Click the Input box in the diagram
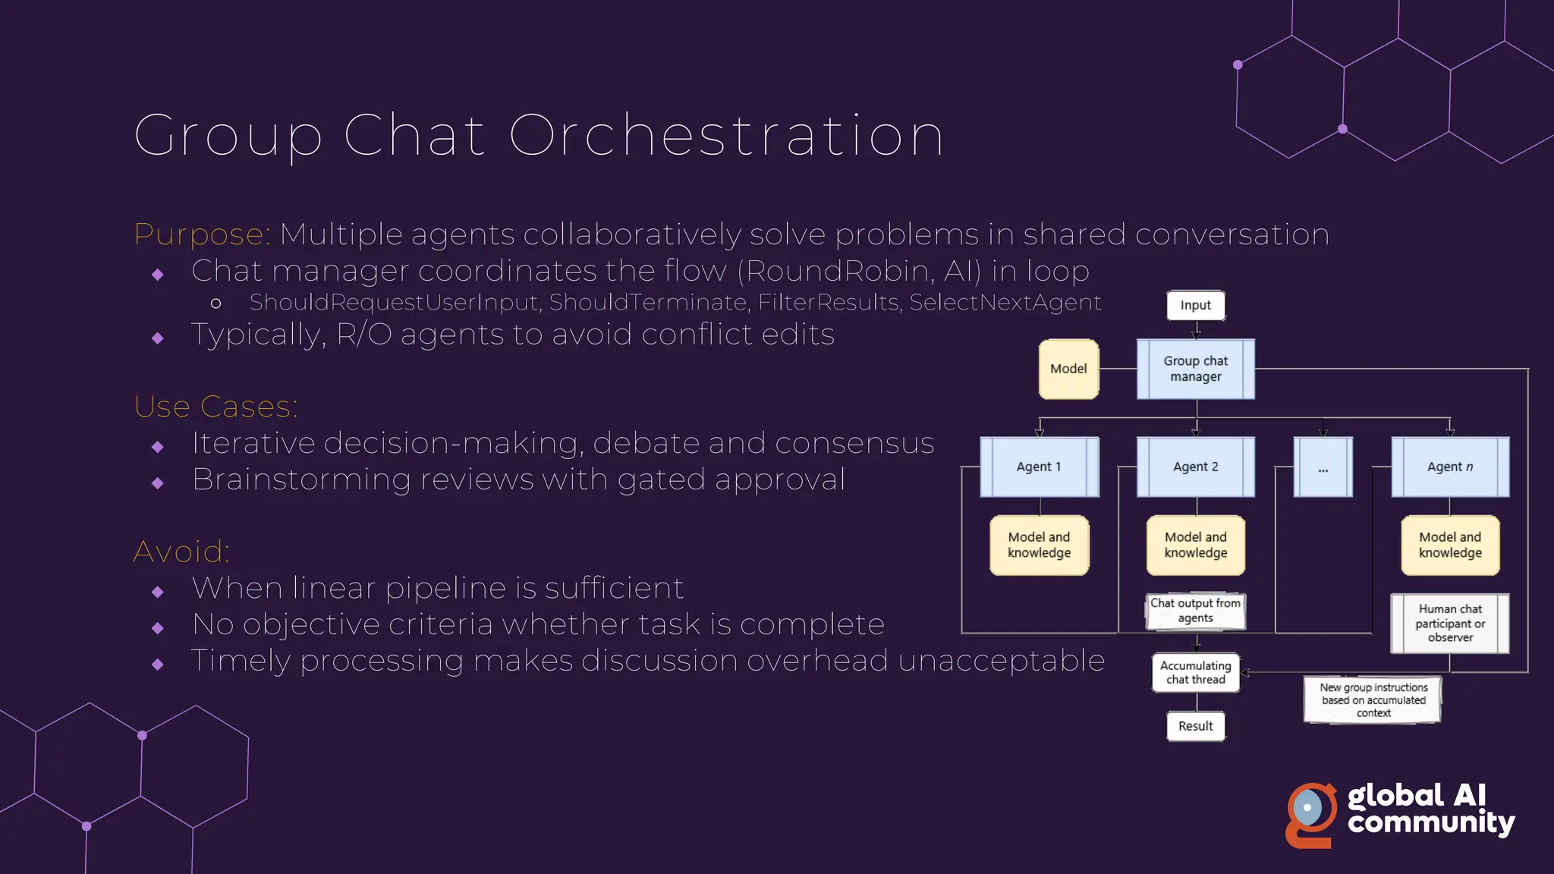click(x=1195, y=305)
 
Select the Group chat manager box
click(x=1195, y=369)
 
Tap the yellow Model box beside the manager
click(x=1068, y=369)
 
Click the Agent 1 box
click(x=1039, y=467)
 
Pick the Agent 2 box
click(x=1195, y=467)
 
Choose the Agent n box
click(x=1449, y=467)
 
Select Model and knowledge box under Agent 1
click(x=1039, y=545)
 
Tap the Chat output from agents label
click(x=1195, y=610)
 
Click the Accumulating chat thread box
click(x=1195, y=672)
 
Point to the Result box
click(x=1195, y=726)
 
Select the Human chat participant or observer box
click(x=1449, y=623)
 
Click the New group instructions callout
click(x=1373, y=700)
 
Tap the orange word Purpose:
click(x=202, y=234)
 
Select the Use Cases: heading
click(x=216, y=407)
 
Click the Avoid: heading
click(x=181, y=552)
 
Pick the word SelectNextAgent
click(x=1005, y=303)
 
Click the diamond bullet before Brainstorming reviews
click(x=158, y=483)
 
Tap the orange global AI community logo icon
click(x=1310, y=814)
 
